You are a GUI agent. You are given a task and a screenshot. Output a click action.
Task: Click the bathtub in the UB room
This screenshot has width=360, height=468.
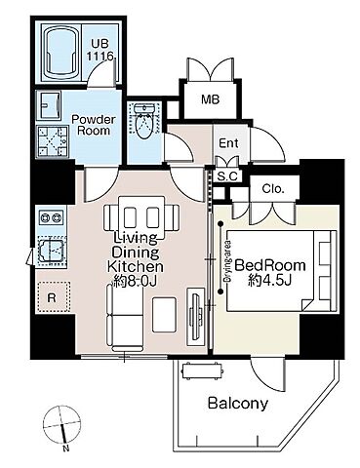tap(61, 53)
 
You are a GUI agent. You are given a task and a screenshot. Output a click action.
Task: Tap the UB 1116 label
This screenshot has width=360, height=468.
tap(100, 50)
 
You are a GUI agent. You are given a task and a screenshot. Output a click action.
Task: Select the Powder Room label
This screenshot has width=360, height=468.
tap(94, 125)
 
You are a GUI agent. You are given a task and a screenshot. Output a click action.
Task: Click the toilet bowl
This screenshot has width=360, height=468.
tap(144, 122)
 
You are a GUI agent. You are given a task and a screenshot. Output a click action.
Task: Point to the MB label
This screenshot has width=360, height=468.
tap(210, 99)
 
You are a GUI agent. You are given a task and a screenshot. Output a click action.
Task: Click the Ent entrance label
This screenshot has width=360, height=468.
tap(228, 143)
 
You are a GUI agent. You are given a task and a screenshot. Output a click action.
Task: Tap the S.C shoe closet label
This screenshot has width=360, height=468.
tap(228, 176)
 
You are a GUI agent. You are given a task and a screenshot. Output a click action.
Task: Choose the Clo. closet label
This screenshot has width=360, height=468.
tap(273, 188)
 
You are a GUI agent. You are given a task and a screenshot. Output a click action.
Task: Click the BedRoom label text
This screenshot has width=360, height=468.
tap(270, 265)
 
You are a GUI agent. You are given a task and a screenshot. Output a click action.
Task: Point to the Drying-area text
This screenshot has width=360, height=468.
tap(227, 261)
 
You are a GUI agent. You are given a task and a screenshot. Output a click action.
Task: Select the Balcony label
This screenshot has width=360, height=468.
tap(238, 404)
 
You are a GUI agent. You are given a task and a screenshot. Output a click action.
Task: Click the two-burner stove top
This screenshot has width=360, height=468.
tap(51, 216)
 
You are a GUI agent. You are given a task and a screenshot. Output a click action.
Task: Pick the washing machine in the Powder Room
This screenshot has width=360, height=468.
tap(53, 141)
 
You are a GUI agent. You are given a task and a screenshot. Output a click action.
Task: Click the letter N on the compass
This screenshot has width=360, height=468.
tap(66, 449)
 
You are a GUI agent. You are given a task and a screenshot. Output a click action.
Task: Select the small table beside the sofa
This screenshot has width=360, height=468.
tap(165, 315)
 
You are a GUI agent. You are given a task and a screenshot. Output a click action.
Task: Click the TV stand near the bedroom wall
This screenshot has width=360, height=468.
tap(196, 317)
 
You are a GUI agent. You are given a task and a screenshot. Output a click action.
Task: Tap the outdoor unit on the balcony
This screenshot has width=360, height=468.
tap(202, 370)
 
